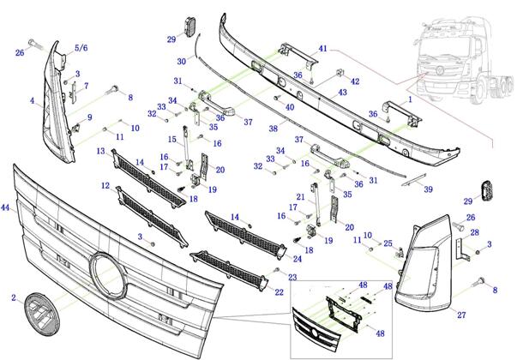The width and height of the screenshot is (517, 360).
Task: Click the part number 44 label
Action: click(x=6, y=208)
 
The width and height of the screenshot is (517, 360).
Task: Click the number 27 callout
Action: click(x=460, y=315)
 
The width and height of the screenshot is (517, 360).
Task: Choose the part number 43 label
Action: click(x=342, y=93)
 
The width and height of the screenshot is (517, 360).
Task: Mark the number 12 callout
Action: click(x=105, y=185)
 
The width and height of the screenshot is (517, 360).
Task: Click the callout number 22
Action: click(x=280, y=292)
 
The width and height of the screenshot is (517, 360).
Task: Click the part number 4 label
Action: click(x=32, y=101)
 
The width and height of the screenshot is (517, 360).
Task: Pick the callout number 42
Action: click(x=355, y=81)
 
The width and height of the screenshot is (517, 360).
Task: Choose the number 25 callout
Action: click(x=388, y=244)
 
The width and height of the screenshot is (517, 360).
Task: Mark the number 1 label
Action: click(x=410, y=99)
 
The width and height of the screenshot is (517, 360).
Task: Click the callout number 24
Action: click(x=298, y=258)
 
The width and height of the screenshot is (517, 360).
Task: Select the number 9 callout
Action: click(x=90, y=117)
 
